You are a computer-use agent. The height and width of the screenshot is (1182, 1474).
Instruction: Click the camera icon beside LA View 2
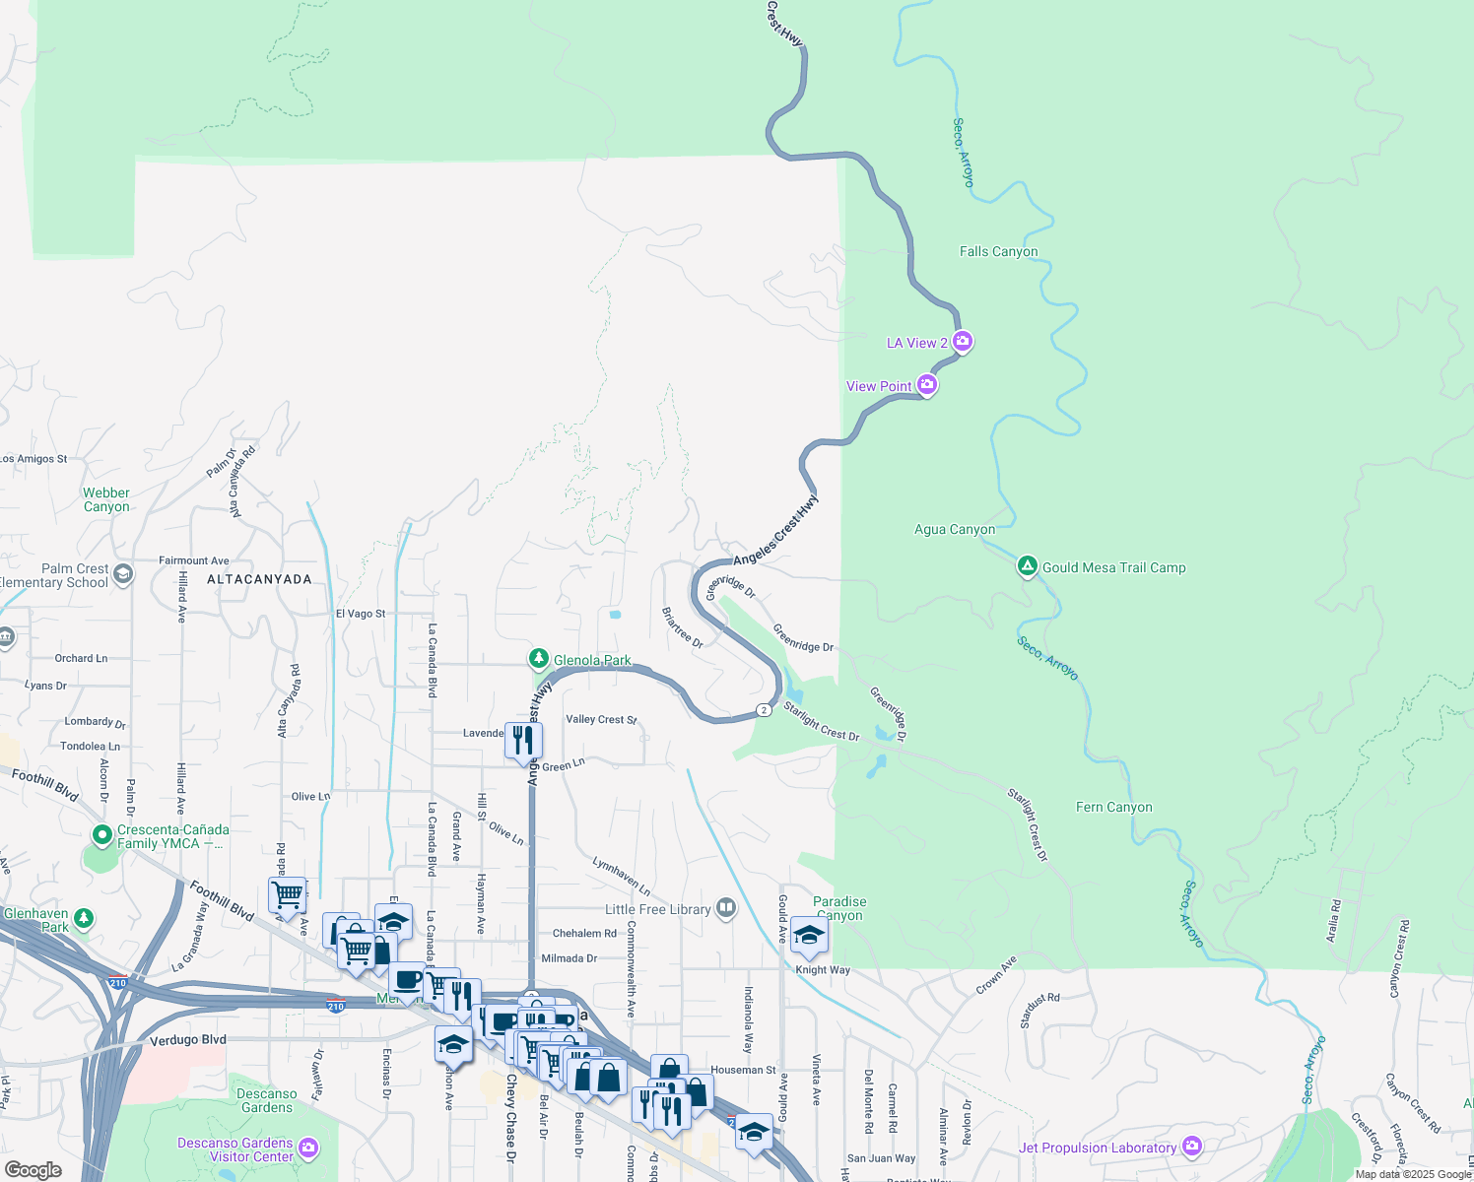coord(963,342)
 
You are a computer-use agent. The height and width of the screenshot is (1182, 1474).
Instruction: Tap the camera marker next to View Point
coord(927,385)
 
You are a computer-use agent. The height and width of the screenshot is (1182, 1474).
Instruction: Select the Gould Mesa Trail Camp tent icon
coord(1027,566)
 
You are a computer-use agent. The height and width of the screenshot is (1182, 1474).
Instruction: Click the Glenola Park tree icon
coord(538,659)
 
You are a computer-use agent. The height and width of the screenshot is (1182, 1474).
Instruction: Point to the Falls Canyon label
coord(998,252)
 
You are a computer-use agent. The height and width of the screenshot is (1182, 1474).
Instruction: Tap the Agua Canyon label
coord(954,530)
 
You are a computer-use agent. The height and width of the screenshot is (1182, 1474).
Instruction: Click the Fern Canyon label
coord(1113,808)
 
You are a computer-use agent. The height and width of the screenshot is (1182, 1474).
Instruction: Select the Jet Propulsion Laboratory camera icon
coord(1192,1147)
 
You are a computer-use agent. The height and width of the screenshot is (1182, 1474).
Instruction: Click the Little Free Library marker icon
coord(726,908)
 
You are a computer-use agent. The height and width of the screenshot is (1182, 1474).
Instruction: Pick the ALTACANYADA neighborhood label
coord(259,580)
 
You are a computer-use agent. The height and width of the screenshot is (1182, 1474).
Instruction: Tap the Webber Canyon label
coord(106,500)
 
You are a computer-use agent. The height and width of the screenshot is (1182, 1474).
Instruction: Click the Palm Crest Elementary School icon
coord(123,574)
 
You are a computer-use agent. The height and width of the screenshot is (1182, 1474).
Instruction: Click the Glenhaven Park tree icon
coord(85,919)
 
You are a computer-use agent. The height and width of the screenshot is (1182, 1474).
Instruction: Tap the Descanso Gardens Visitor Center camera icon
coord(308,1149)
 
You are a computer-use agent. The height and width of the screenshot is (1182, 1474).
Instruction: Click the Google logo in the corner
coord(33,1170)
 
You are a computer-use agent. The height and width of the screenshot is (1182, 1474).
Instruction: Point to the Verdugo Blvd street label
coord(187,1040)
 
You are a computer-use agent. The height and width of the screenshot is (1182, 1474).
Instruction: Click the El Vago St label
coord(361,614)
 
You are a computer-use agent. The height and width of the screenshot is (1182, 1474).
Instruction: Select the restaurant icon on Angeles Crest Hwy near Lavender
coord(523,739)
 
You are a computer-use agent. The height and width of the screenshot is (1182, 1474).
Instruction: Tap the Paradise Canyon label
coord(839,908)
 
